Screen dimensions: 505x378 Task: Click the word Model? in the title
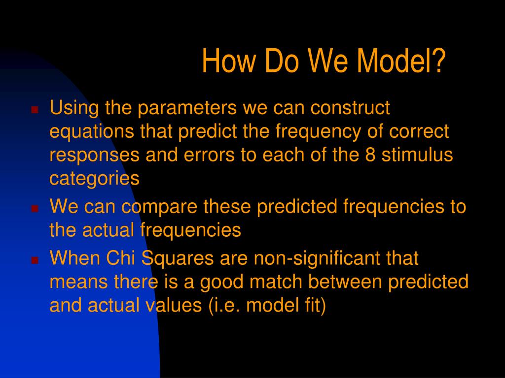401,61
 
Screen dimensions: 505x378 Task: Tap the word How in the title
228,61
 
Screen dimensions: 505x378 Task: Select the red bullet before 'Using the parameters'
35,110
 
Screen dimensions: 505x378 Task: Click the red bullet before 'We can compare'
35,208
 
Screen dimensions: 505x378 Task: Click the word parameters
187,108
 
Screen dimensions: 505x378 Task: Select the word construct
350,108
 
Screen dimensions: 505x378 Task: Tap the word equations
91,132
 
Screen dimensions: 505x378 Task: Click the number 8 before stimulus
370,155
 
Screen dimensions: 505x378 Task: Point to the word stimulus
417,155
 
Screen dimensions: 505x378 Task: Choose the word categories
94,179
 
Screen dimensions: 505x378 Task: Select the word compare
159,207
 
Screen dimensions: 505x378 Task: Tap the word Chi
120,258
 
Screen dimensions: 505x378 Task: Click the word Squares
178,259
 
